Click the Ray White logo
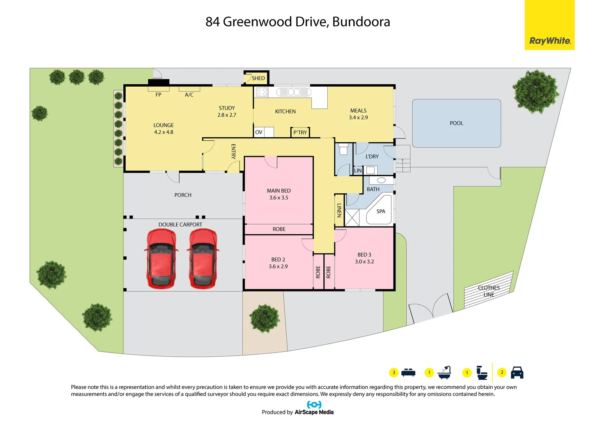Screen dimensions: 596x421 pos(549,41)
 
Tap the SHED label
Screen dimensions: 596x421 pos(258,78)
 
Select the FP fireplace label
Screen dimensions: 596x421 pos(158,95)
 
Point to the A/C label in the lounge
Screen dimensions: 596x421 pos(189,95)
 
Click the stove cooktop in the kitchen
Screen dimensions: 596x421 pos(262,92)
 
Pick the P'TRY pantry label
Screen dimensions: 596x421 pos(300,133)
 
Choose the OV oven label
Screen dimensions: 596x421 pos(259,133)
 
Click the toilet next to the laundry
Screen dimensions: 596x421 pos(343,149)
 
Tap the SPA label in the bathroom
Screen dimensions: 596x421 pos(381,211)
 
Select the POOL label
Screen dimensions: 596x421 pos(456,123)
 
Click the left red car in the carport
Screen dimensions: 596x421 pos(161,258)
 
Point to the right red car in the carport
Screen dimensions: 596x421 pos(203,258)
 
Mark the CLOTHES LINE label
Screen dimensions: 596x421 pos(489,291)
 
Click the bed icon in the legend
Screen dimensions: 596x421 pos(408,373)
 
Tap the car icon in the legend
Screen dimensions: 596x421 pos(517,373)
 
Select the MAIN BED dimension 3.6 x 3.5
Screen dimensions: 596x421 pos(278,198)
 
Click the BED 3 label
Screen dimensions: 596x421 pos(364,255)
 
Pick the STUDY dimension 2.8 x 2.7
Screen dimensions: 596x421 pos(227,115)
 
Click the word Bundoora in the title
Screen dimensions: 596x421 pos(361,22)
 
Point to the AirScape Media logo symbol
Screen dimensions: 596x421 pos(314,405)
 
